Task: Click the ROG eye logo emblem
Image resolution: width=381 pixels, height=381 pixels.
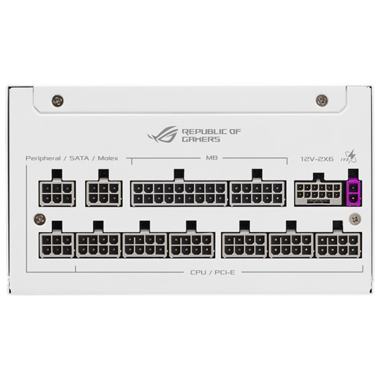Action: pyautogui.click(x=162, y=134)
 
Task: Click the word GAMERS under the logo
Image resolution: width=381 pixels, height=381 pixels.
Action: pyautogui.click(x=201, y=139)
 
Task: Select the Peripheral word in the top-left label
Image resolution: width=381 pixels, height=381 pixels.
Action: pyautogui.click(x=43, y=159)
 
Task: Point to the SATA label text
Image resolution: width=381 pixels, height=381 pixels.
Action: pyautogui.click(x=79, y=159)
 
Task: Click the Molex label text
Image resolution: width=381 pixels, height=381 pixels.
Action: pyautogui.click(x=108, y=159)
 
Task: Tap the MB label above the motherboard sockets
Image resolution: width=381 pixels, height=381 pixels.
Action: pyautogui.click(x=211, y=158)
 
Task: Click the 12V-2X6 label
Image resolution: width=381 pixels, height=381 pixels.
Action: pyautogui.click(x=317, y=159)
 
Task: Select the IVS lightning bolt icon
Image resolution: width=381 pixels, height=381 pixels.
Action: pyautogui.click(x=351, y=157)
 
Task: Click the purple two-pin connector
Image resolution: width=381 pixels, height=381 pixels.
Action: pyautogui.click(x=354, y=192)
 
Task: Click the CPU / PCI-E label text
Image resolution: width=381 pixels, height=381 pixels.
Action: pyautogui.click(x=213, y=273)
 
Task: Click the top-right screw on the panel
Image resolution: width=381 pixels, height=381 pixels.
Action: pyautogui.click(x=322, y=100)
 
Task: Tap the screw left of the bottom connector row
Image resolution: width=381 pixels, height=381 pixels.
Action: pyautogui.click(x=40, y=220)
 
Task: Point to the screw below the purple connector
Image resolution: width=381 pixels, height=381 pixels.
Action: pyautogui.click(x=355, y=219)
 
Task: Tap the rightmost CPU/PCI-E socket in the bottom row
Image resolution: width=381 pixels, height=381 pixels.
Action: pyautogui.click(x=338, y=245)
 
